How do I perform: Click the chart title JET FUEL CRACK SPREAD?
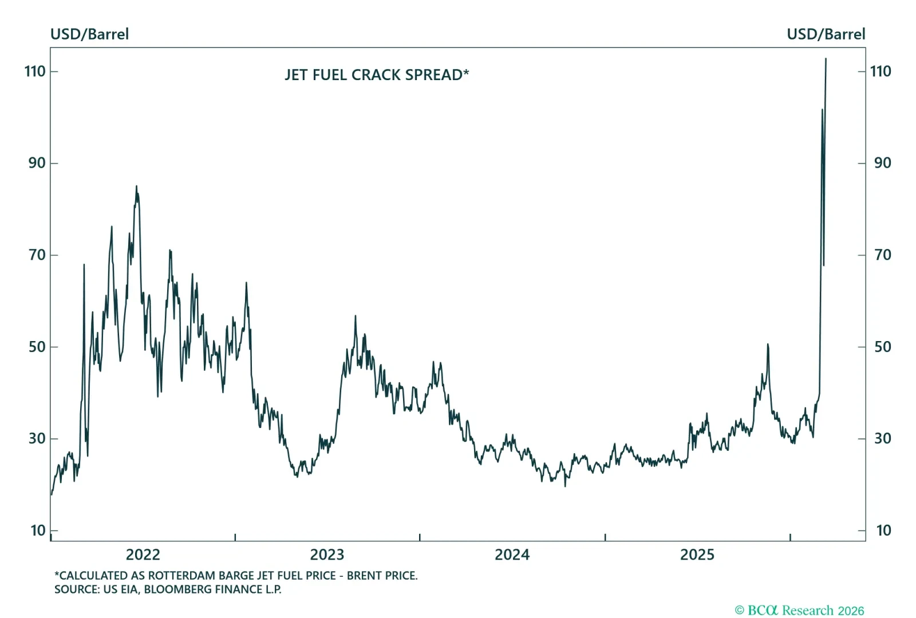[x=376, y=75]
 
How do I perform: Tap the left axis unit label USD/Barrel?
[x=89, y=34]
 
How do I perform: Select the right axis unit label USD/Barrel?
[x=826, y=34]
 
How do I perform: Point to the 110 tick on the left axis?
[x=35, y=72]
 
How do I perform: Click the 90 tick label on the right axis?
[x=882, y=163]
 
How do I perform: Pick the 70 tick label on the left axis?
[x=37, y=255]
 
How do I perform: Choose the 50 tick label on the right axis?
[x=882, y=347]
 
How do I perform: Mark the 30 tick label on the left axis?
[x=37, y=439]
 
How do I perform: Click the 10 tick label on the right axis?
[x=883, y=530]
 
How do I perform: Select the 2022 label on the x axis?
[x=143, y=554]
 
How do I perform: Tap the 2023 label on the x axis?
[x=327, y=554]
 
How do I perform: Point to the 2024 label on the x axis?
[x=512, y=554]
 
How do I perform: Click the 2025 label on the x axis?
[x=697, y=554]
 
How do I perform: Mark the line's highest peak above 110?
[x=826, y=59]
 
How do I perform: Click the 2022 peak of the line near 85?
[x=136, y=187]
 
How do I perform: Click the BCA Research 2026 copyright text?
[x=799, y=611]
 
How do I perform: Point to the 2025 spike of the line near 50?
[x=767, y=344]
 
